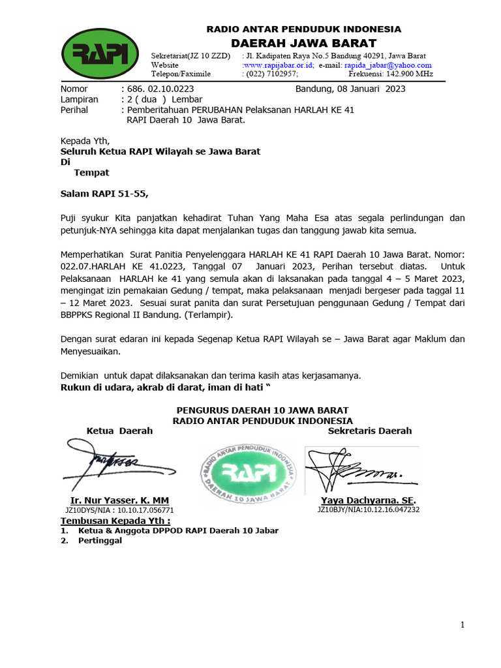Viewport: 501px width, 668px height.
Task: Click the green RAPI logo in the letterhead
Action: point(100,54)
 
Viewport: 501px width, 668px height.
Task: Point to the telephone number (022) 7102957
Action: point(270,74)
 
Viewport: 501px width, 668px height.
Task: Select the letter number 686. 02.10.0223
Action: point(159,89)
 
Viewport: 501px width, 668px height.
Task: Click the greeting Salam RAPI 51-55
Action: point(104,194)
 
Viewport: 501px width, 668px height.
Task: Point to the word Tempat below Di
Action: point(91,173)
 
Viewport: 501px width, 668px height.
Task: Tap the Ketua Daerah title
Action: point(119,431)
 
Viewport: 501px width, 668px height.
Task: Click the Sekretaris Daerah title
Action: point(369,431)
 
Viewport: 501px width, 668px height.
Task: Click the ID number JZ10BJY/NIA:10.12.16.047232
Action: point(368,509)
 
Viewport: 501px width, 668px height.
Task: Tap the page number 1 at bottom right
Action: point(462,625)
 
